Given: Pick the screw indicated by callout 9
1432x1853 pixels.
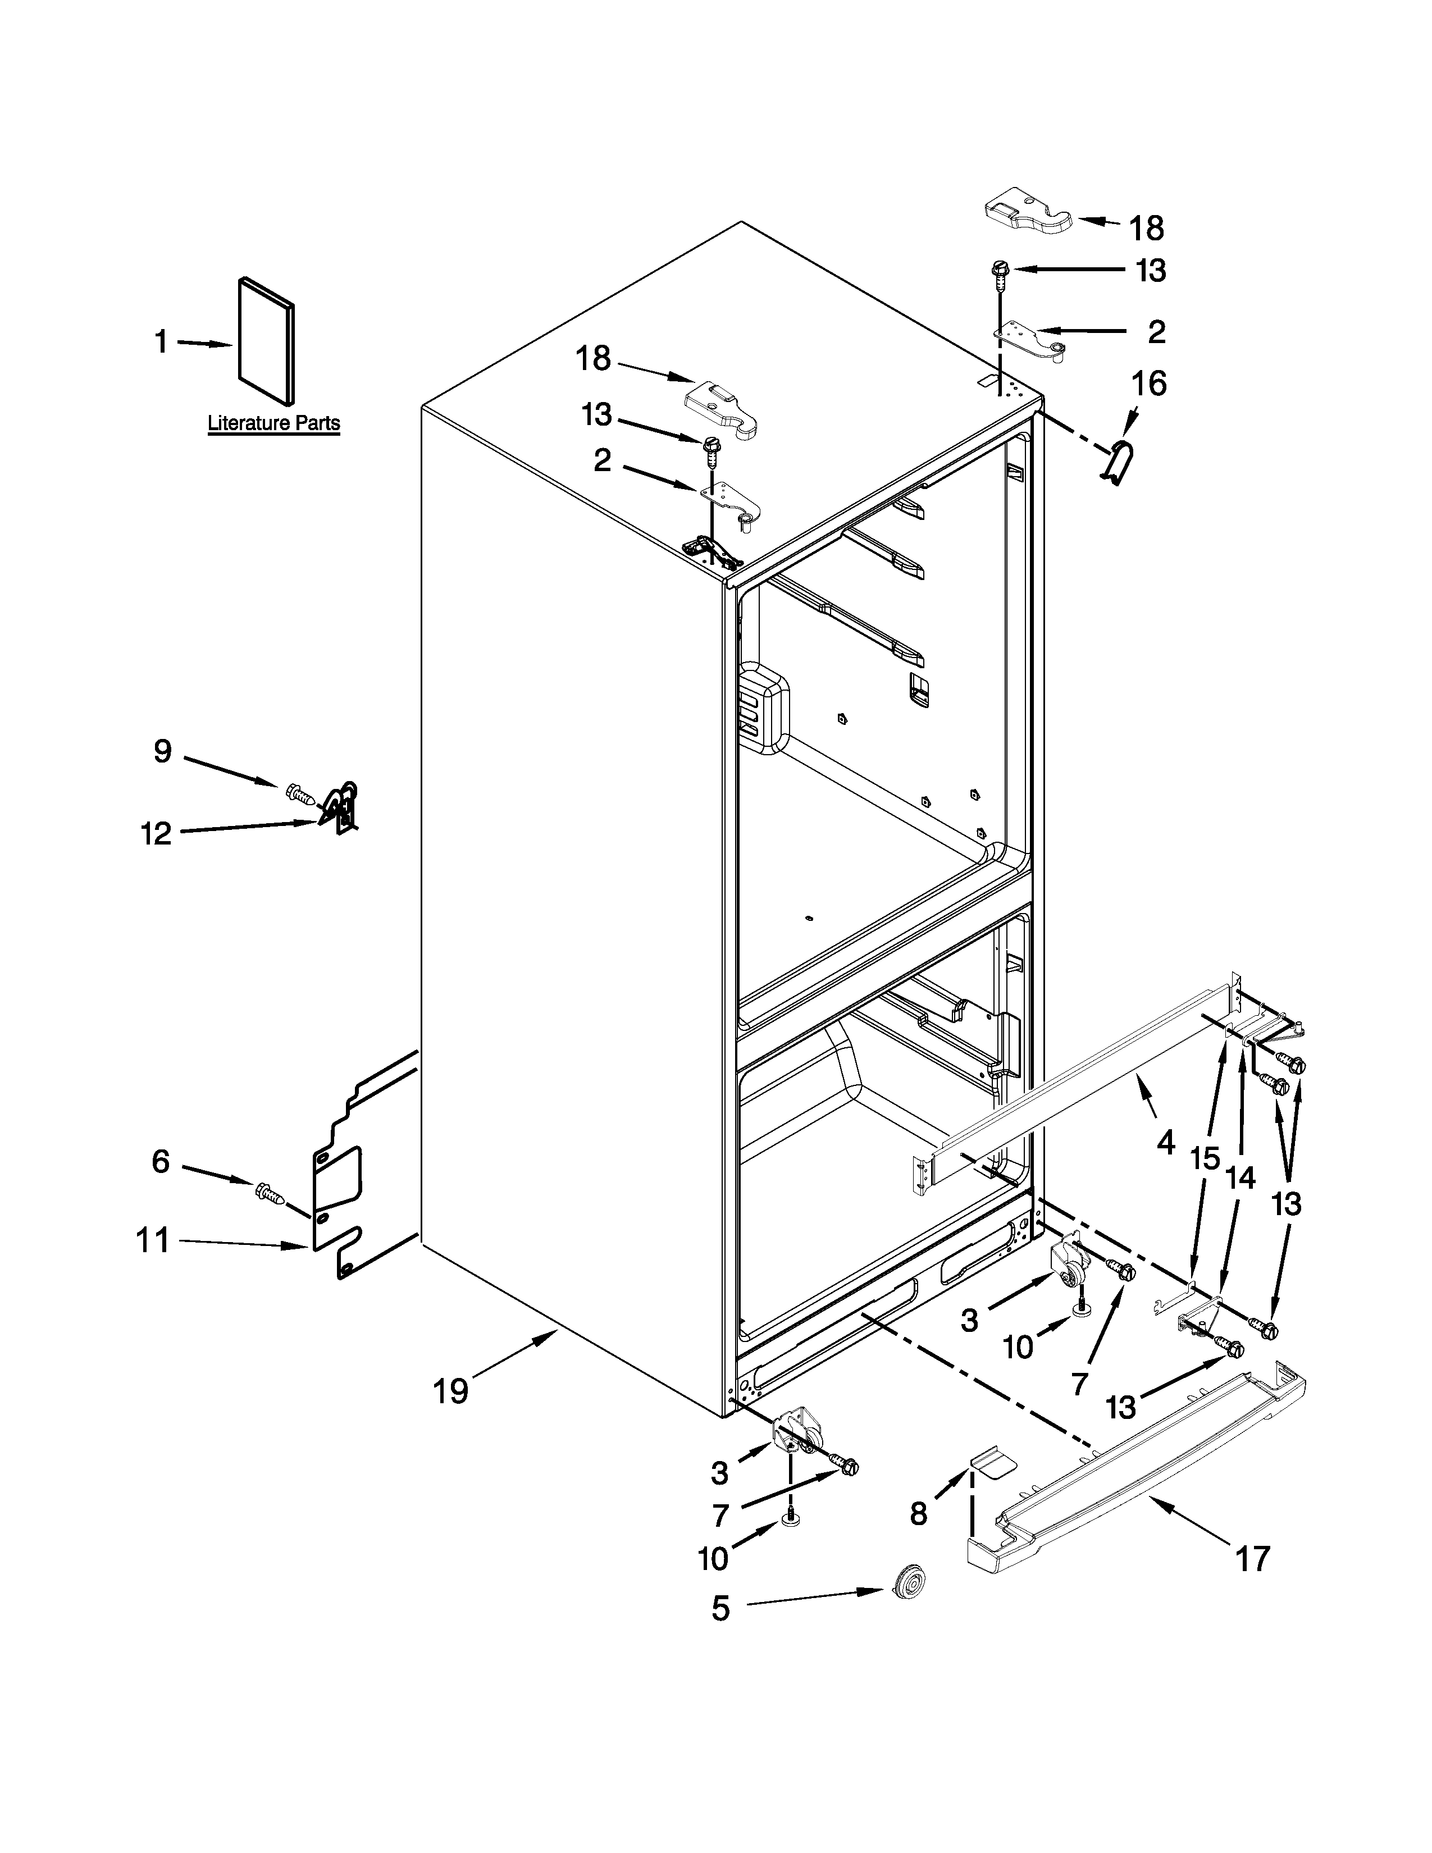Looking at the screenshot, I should pos(299,794).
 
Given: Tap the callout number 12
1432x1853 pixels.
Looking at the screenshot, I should pos(157,833).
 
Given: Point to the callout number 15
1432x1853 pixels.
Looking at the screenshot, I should pos(1205,1158).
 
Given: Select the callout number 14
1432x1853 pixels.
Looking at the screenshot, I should pos(1241,1177).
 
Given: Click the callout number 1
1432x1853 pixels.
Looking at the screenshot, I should pos(161,342).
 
